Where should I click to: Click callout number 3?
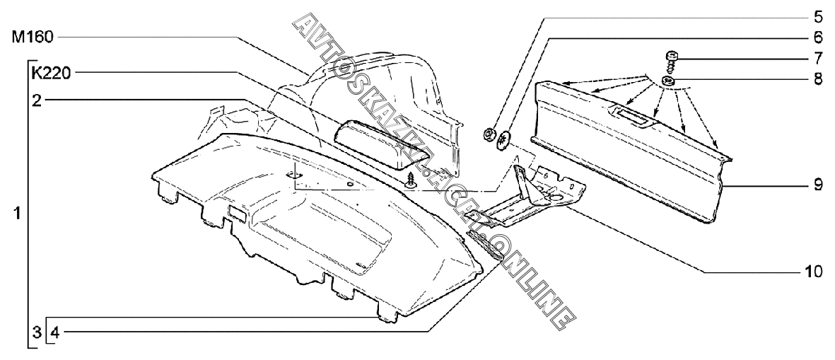click(35, 330)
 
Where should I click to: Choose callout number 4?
click(55, 330)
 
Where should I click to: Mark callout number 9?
click(817, 185)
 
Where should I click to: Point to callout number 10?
click(814, 272)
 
